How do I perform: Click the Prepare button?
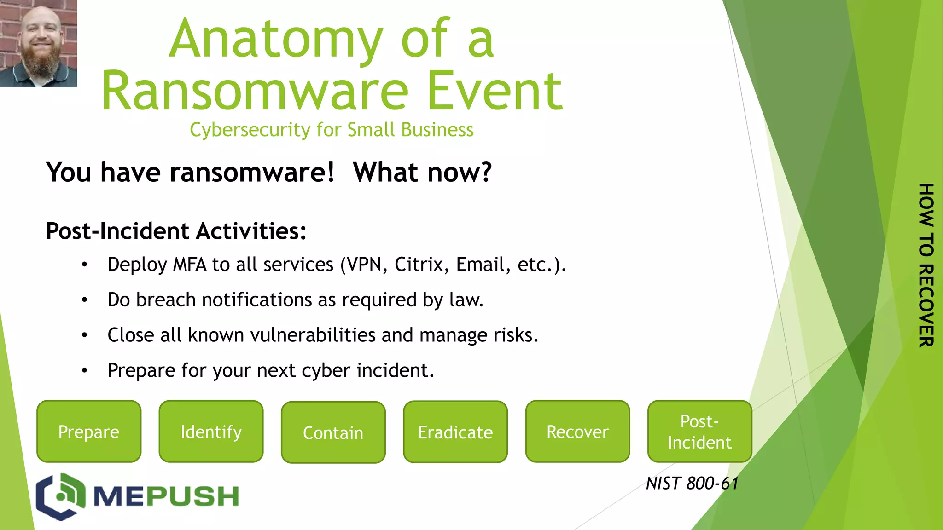pyautogui.click(x=89, y=432)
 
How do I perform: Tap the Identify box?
pyautogui.click(x=211, y=432)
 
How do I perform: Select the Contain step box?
pyautogui.click(x=333, y=432)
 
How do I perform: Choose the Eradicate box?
pyautogui.click(x=455, y=432)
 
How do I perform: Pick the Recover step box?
pyautogui.click(x=577, y=432)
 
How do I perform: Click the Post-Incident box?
pyautogui.click(x=699, y=432)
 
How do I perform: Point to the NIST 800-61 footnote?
pyautogui.click(x=692, y=484)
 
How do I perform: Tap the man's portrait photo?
pyautogui.click(x=38, y=43)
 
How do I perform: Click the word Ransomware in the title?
pyautogui.click(x=255, y=91)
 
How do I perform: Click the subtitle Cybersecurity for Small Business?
pyautogui.click(x=332, y=130)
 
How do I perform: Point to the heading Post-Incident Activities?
pyautogui.click(x=176, y=231)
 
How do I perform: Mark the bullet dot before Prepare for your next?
pyautogui.click(x=84, y=371)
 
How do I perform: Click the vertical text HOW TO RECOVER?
pyautogui.click(x=926, y=265)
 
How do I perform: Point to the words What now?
pyautogui.click(x=422, y=173)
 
